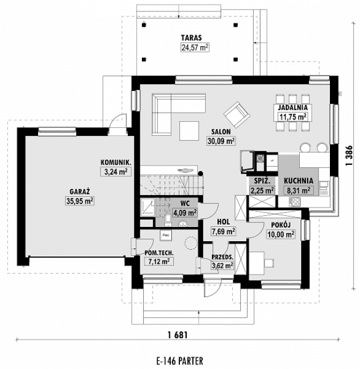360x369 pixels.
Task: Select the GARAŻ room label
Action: [82, 192]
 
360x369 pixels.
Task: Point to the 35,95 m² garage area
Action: [80, 201]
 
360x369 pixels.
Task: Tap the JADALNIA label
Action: [292, 107]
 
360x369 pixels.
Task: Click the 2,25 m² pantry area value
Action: [260, 191]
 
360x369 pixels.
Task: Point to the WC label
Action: [185, 203]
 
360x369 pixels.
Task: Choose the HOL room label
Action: [223, 222]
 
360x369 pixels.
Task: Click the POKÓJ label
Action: [281, 225]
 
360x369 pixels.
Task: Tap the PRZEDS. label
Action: [223, 257]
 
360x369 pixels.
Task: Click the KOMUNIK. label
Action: [116, 161]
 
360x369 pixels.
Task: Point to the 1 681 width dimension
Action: [177, 334]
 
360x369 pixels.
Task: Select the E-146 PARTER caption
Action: [179, 360]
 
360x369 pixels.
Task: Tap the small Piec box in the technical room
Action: [166, 234]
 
